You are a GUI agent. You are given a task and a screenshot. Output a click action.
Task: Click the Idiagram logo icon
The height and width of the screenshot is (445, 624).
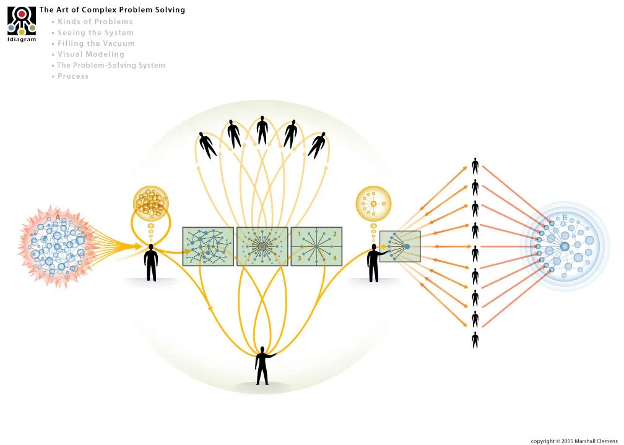click(x=21, y=22)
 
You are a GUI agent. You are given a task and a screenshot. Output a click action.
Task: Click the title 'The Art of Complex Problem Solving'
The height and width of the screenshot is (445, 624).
click(x=112, y=10)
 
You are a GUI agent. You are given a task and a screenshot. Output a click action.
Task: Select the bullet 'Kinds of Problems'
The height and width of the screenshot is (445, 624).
click(x=95, y=22)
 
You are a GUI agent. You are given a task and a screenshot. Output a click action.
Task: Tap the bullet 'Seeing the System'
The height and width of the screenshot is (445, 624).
click(x=95, y=33)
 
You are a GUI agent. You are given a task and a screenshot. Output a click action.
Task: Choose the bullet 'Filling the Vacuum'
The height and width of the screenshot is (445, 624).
click(x=96, y=44)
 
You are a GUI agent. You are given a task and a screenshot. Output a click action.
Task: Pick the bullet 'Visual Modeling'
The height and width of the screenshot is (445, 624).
click(x=91, y=54)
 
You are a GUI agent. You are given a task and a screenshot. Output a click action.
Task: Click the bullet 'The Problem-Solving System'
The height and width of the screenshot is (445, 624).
click(x=111, y=66)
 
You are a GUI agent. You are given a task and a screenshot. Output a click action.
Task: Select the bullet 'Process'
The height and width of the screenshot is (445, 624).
click(x=73, y=76)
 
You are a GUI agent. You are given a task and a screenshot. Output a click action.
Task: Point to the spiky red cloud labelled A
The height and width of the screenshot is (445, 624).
click(x=54, y=243)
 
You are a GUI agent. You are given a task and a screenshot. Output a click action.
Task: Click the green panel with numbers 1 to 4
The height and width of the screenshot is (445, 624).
click(x=316, y=246)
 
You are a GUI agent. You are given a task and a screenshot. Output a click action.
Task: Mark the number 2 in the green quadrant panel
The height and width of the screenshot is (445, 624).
click(x=334, y=234)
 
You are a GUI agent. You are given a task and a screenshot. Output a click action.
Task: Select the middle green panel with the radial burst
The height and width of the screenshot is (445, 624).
click(x=262, y=246)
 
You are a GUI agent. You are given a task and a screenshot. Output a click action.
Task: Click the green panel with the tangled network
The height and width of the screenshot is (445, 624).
click(x=208, y=246)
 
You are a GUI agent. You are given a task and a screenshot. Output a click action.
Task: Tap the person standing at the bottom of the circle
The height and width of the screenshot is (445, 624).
click(x=262, y=365)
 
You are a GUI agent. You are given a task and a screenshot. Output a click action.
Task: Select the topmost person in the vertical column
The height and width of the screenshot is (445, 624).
click(x=475, y=166)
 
